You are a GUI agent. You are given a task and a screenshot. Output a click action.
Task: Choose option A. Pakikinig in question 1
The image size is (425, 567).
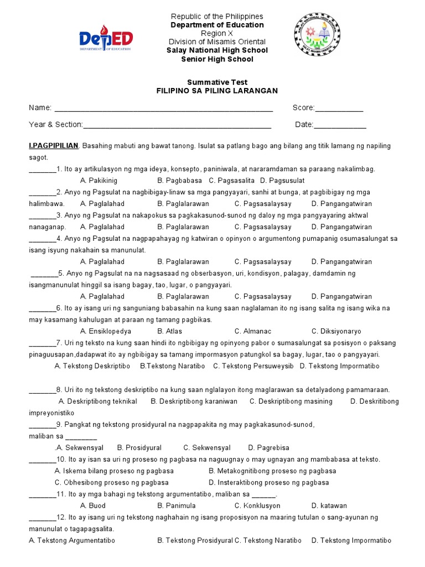tap(99, 181)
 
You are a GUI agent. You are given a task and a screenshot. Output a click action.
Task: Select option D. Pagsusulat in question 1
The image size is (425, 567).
tap(282, 181)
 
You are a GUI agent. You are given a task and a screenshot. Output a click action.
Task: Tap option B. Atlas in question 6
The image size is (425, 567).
tap(169, 331)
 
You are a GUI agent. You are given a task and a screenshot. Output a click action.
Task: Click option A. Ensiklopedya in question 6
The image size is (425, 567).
tap(106, 331)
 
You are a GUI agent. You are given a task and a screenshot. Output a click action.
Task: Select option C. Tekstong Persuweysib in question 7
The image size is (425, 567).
tap(253, 366)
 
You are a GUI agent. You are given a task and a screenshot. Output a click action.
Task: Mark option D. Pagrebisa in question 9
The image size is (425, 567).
tap(268, 447)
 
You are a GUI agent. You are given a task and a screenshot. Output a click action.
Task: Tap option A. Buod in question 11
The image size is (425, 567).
tap(92, 506)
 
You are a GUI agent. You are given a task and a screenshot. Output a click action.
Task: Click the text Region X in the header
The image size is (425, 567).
tap(217, 33)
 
